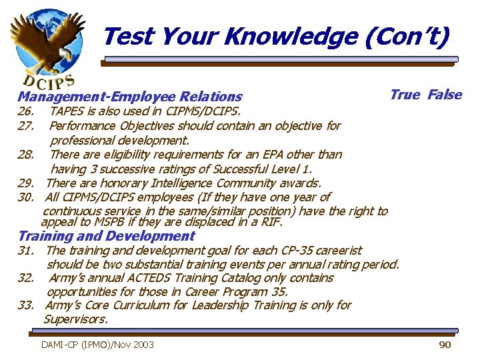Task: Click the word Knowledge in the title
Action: (291, 37)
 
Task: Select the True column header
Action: (405, 95)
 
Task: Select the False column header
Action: (445, 95)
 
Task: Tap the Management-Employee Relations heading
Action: (130, 97)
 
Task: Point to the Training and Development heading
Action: (107, 236)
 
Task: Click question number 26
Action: (26, 111)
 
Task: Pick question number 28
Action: (26, 155)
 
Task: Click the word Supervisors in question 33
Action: (75, 319)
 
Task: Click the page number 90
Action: (445, 345)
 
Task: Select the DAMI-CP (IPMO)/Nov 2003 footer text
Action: (97, 345)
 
